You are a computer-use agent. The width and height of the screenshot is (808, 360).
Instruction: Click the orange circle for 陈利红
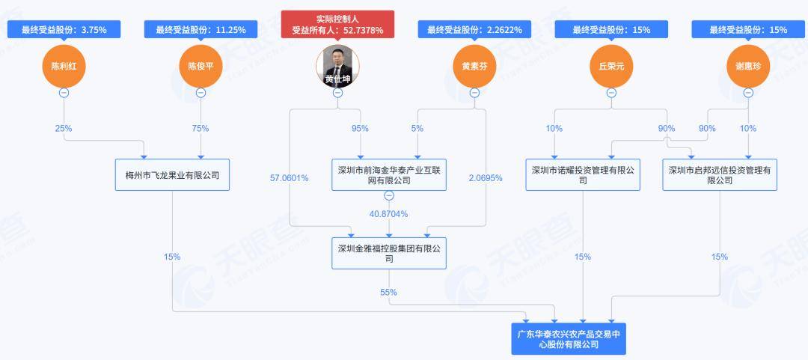click(64, 66)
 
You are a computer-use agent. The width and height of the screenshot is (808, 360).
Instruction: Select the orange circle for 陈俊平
click(201, 66)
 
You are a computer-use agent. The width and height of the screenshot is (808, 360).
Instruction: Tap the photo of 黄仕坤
click(337, 66)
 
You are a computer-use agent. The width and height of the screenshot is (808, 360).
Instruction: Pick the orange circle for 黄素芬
click(474, 66)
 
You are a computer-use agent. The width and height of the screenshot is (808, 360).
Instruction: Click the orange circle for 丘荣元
click(611, 66)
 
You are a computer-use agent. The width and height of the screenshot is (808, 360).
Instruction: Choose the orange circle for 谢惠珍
click(748, 66)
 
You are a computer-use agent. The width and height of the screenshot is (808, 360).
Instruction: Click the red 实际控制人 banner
click(337, 25)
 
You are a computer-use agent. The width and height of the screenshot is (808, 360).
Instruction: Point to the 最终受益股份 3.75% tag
click(64, 30)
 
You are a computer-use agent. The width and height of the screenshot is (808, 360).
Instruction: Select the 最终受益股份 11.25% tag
click(201, 30)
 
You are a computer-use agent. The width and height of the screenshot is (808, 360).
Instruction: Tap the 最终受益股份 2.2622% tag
click(474, 30)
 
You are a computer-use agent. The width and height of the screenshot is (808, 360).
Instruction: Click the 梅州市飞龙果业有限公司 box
click(172, 174)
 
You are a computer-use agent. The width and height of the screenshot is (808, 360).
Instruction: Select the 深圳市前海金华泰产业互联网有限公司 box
click(388, 174)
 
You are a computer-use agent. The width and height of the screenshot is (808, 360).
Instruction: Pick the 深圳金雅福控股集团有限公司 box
click(388, 253)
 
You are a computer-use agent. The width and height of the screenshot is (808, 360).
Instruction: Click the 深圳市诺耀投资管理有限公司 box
click(583, 174)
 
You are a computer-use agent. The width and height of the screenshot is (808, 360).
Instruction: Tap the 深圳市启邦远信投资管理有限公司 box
click(720, 174)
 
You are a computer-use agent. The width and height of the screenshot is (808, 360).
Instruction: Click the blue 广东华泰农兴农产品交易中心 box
click(569, 338)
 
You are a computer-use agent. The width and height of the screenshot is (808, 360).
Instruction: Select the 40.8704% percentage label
click(388, 214)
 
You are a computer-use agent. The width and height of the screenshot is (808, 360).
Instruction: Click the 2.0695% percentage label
click(486, 178)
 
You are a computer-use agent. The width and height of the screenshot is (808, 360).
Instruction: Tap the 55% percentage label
click(388, 292)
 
